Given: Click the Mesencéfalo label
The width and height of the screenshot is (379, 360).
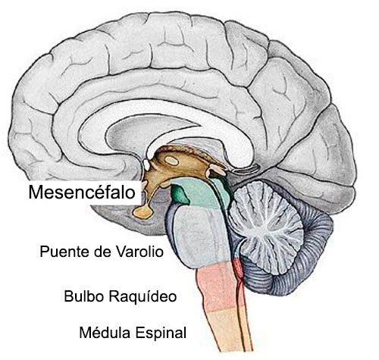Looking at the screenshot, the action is click(82, 193).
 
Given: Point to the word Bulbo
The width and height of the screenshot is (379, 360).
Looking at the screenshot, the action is click(84, 296).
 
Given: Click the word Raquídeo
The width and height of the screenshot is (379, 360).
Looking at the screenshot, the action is click(143, 296).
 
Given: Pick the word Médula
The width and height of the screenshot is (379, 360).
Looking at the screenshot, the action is click(105, 332).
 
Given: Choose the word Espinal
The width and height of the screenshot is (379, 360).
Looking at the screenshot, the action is click(161, 333).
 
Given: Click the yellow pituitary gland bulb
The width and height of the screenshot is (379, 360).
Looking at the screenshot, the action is click(143, 211).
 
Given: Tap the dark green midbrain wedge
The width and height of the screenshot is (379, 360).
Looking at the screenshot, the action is click(180, 194).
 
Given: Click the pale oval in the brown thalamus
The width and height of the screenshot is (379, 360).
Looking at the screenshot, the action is click(172, 161).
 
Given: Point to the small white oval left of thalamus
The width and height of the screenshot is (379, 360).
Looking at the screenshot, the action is click(146, 164).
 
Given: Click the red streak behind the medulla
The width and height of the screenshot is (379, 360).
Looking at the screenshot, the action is click(238, 273).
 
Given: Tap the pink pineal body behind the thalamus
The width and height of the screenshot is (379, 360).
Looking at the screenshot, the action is click(215, 171).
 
